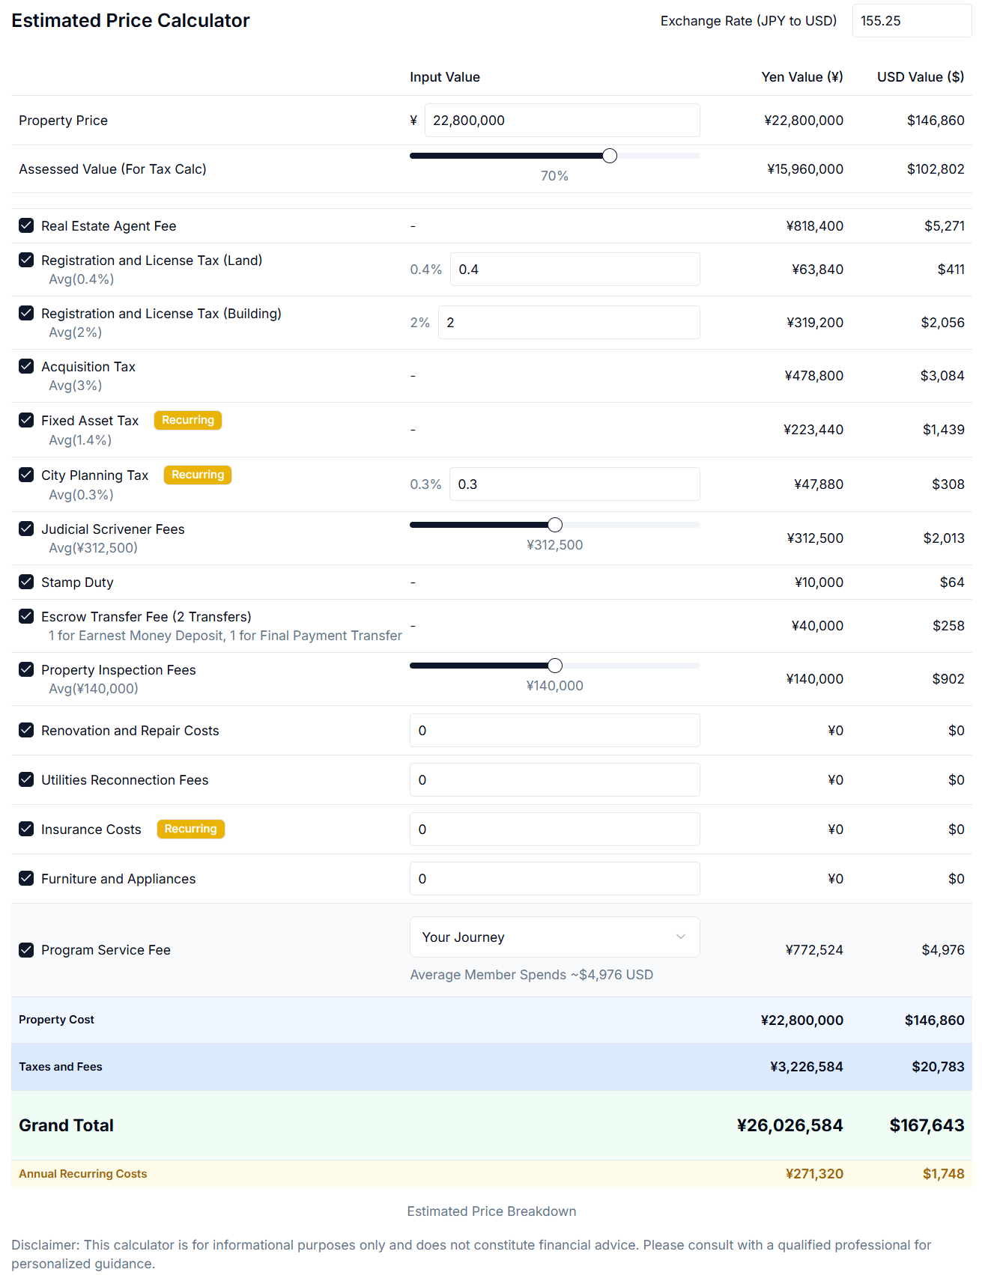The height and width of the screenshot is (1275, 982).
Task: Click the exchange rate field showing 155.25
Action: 911,21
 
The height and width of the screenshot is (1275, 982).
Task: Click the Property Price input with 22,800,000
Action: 562,121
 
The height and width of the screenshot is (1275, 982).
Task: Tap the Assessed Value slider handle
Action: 610,156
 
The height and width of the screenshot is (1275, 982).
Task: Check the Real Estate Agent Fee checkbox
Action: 26,225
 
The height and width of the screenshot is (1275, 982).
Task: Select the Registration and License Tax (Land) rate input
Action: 575,270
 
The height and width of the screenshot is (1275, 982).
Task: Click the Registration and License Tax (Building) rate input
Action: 569,323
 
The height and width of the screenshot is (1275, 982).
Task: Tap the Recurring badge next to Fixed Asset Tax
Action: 188,420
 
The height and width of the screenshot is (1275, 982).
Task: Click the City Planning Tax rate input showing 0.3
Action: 575,484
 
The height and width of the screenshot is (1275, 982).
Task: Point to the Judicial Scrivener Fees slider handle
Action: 555,525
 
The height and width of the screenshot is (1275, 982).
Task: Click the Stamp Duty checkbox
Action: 26,582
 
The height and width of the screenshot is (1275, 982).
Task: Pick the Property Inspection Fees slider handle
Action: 555,666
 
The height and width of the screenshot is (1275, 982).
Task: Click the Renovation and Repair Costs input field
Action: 554,731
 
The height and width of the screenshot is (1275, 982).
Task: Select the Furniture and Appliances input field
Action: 554,879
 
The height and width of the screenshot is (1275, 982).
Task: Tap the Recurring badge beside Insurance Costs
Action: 191,829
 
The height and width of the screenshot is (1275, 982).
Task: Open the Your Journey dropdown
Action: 554,937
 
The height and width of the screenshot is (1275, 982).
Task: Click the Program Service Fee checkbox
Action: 26,950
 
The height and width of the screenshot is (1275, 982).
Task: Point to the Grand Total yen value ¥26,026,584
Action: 789,1125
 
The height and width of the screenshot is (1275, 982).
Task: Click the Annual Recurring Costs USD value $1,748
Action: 943,1174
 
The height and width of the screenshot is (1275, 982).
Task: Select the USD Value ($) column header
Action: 921,77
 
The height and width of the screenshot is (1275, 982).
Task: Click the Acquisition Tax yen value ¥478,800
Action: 813,376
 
